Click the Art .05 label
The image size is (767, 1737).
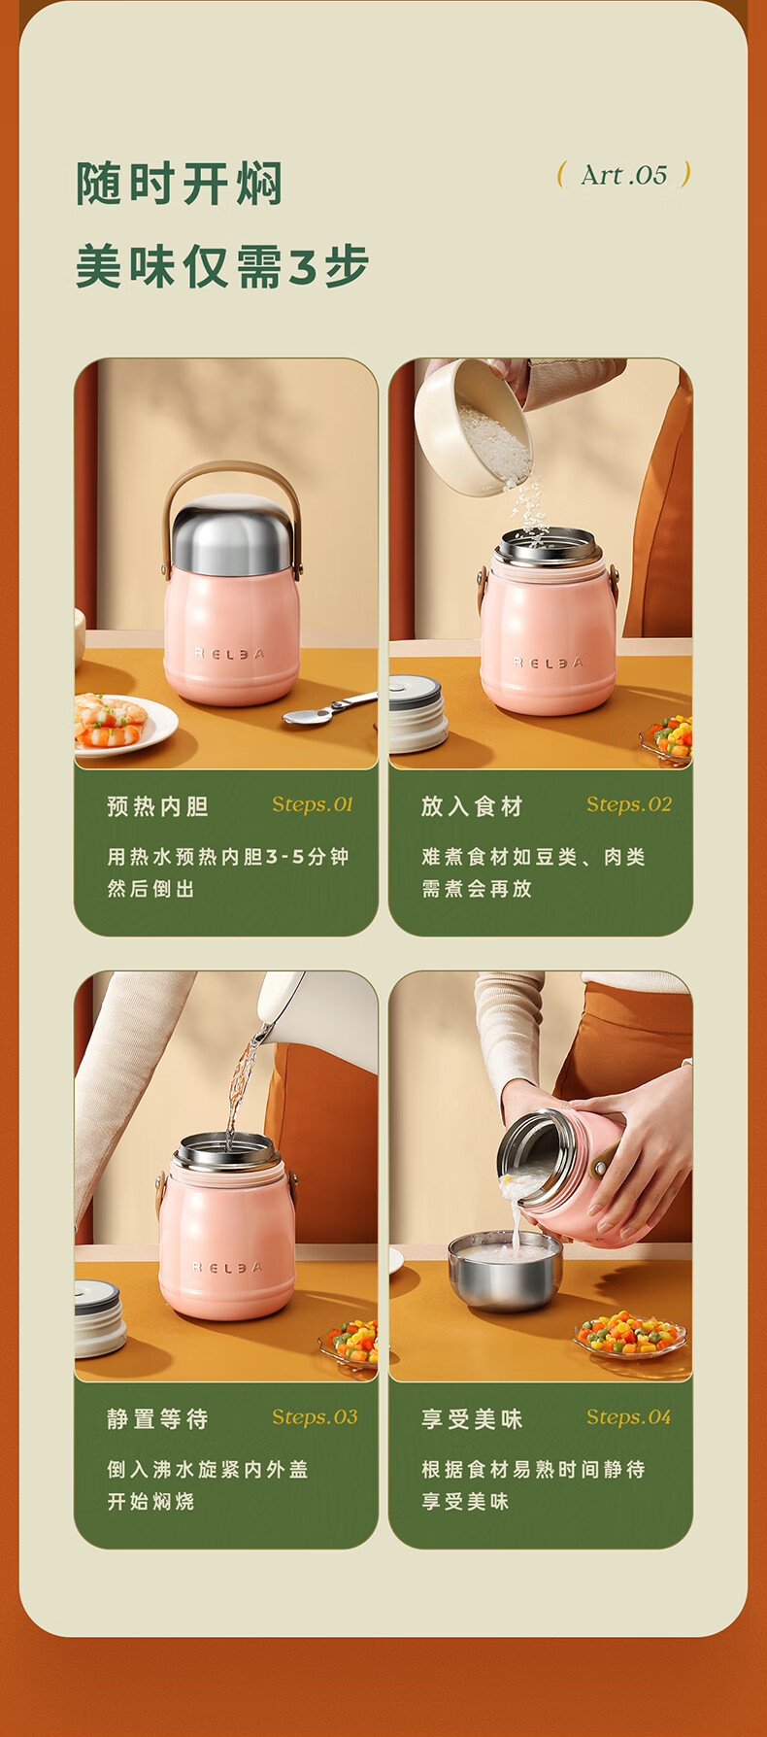point(624,175)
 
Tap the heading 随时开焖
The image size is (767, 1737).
point(180,184)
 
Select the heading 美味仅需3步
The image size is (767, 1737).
point(222,266)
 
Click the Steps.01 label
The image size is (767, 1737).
point(313,804)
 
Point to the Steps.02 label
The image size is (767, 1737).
point(629,804)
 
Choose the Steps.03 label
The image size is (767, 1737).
point(315,1417)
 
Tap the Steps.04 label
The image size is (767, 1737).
point(629,1417)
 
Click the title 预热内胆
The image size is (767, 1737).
point(157,806)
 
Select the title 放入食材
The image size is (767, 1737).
point(472,806)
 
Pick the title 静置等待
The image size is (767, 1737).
point(157,1419)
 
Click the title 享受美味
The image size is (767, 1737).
point(472,1419)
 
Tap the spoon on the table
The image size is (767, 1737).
point(329,709)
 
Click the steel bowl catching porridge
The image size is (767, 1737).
point(505,1269)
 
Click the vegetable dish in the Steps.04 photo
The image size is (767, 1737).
point(631,1335)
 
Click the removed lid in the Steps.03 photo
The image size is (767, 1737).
point(99,1318)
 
